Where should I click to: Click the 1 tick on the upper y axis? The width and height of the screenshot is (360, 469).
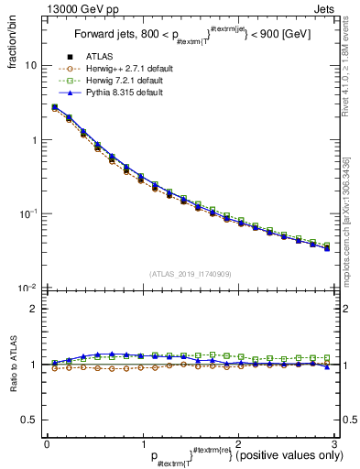click(35, 140)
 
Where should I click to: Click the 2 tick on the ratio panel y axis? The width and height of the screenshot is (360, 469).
click(35, 309)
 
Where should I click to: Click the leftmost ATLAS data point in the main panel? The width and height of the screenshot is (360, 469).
click(55, 107)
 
